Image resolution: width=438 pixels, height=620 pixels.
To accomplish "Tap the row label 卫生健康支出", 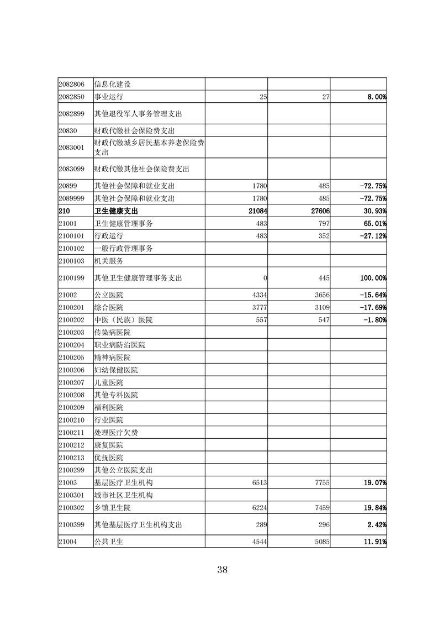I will [x=116, y=211].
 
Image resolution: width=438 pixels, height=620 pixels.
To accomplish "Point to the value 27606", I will [x=318, y=211].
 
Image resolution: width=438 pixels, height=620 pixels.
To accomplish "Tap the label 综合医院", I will [x=109, y=307].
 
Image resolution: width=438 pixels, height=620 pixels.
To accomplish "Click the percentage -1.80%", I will [x=373, y=320].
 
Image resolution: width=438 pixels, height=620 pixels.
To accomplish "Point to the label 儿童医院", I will [x=109, y=382].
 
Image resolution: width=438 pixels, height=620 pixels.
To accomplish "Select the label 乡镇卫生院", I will [x=112, y=507].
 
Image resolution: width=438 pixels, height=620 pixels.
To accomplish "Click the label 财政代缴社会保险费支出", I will [x=134, y=131].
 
